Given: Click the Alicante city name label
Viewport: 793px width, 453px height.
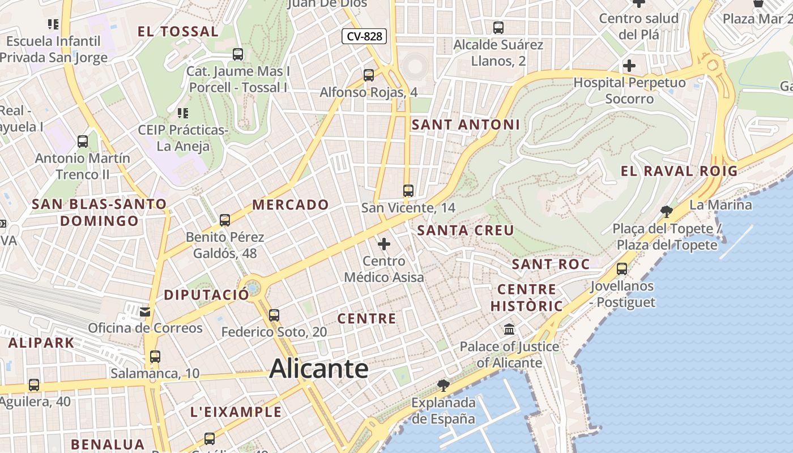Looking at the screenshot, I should point(319,369).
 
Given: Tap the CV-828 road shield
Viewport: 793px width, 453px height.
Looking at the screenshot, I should point(364,37).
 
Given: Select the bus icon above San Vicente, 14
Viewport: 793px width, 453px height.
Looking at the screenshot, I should point(408,191).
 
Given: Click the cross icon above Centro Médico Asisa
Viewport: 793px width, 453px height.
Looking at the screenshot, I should point(384,244).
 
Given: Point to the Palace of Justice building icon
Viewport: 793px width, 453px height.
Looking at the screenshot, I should point(509,329).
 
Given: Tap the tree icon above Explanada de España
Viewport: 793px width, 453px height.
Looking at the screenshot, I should point(444,386).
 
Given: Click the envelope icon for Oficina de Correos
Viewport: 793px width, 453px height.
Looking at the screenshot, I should point(146,311).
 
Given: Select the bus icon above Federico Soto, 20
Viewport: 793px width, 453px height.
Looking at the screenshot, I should point(274,315).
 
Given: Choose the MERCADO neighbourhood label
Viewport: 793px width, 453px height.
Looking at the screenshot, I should point(291,205).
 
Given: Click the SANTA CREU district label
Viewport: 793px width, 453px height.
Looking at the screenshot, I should point(466,230).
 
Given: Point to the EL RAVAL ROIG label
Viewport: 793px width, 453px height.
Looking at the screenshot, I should point(679,171).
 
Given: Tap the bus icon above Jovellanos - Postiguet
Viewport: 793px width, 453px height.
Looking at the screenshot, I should point(622,269).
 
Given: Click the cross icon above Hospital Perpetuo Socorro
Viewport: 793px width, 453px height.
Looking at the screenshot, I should point(629,66).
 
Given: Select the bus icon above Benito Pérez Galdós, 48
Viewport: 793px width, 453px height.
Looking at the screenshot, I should point(225,220).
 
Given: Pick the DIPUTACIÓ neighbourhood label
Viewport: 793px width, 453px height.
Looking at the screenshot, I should point(206,295).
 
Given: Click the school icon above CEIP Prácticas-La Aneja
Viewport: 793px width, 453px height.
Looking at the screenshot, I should point(182,113).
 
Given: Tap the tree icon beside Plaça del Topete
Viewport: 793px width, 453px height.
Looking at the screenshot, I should point(666,212).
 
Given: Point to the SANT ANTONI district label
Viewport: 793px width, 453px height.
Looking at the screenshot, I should point(466,125).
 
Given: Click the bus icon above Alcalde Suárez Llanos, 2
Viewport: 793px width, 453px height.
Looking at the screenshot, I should point(498,27).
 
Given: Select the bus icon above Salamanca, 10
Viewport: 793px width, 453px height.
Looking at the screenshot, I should point(155,357).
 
